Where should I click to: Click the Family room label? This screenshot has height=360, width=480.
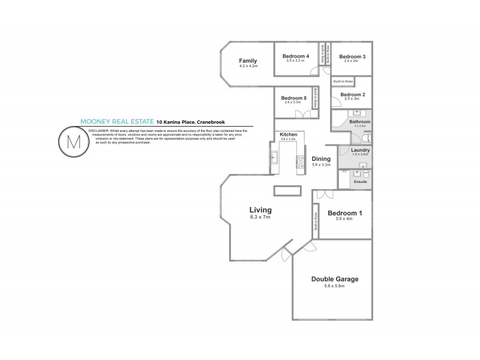tap(248, 61)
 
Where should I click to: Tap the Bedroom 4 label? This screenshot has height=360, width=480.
tap(296, 56)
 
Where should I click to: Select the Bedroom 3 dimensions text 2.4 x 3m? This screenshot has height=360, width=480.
tap(351, 61)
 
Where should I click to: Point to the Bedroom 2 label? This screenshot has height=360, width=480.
tap(353, 94)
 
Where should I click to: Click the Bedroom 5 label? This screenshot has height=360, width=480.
tap(294, 98)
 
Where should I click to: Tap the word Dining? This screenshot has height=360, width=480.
tap(321, 158)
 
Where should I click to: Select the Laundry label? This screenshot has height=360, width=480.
tap(360, 150)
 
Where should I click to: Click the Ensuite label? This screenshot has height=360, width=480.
tap(360, 181)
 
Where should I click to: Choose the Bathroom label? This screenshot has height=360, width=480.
tap(360, 122)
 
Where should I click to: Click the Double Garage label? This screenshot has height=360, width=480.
tap(332, 280)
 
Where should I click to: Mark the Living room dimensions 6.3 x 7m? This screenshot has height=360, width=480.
tap(260, 217)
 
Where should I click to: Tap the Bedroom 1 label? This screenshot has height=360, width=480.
tap(344, 213)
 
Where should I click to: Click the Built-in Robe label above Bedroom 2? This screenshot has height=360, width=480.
tap(343, 80)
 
